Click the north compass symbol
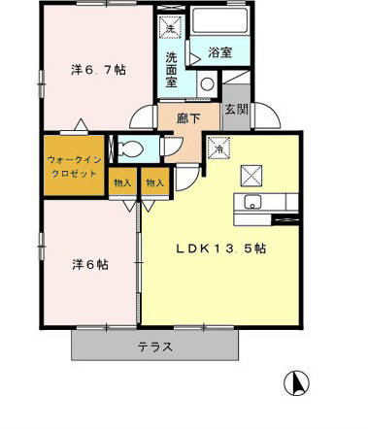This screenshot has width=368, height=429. (x=296, y=383)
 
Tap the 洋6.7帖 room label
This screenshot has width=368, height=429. (x=98, y=70)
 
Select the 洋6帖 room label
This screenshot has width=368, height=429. (x=90, y=265)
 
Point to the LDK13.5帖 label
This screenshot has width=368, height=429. (x=221, y=248)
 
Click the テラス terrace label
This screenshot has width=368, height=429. (x=155, y=347)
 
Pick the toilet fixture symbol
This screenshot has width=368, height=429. (x=131, y=149)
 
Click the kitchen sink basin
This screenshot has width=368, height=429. (x=252, y=202)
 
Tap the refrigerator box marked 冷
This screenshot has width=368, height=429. (x=219, y=148)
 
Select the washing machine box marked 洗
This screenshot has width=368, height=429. (x=170, y=27)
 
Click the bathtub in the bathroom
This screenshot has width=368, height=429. (x=219, y=20)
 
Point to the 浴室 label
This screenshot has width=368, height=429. (x=220, y=51)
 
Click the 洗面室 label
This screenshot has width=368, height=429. (x=171, y=70)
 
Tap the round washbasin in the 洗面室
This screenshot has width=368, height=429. (x=207, y=84)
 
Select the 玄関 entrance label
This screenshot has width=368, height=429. (x=237, y=110)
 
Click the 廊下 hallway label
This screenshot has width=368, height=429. (x=188, y=118)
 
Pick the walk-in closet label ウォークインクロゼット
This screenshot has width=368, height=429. (x=74, y=167)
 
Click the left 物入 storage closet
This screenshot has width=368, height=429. (x=122, y=181)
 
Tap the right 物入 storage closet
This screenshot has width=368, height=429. (x=155, y=181)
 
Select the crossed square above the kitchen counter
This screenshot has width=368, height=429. (x=251, y=176)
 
